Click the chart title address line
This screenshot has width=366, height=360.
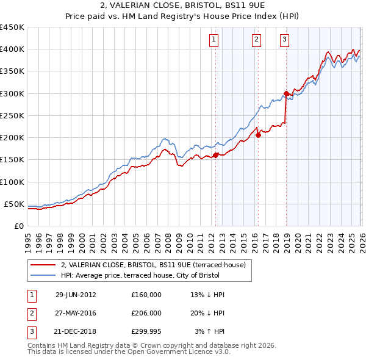click(182, 6)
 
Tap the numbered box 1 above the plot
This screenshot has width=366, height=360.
click(215, 40)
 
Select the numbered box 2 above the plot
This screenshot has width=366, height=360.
click(256, 40)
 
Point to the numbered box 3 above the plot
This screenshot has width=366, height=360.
click(285, 40)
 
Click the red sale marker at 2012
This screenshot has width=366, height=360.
click(215, 155)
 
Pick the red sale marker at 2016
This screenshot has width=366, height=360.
click(258, 135)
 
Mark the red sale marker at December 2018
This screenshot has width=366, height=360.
click(286, 93)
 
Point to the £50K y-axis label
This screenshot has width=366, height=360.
click(14, 204)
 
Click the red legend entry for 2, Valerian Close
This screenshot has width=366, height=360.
click(152, 265)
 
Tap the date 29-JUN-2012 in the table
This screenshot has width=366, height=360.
click(76, 294)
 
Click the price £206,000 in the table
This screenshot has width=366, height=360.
click(146, 313)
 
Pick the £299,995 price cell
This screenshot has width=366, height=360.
click(146, 332)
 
